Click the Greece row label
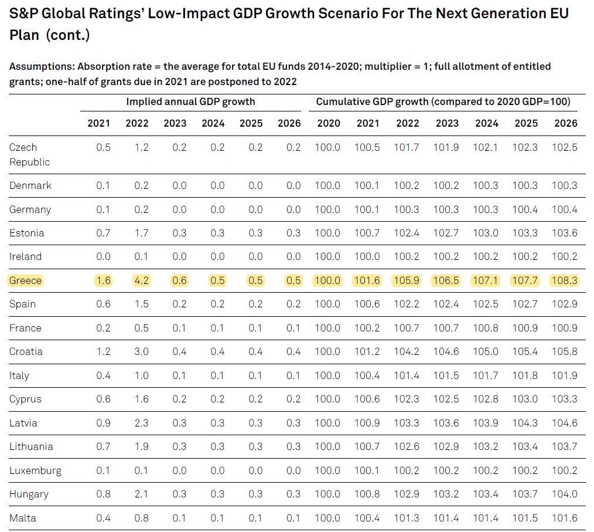[x=26, y=280]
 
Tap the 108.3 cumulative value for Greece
[x=565, y=280]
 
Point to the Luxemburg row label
[x=35, y=470]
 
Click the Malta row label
[x=22, y=518]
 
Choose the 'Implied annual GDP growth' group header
[x=190, y=101]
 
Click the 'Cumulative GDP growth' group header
[x=443, y=101]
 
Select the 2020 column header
[x=327, y=123]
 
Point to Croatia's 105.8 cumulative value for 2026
[x=565, y=351]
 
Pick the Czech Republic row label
[x=30, y=154]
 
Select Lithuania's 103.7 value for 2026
[x=565, y=446]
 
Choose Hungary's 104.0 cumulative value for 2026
[x=565, y=494]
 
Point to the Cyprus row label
[x=25, y=399]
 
